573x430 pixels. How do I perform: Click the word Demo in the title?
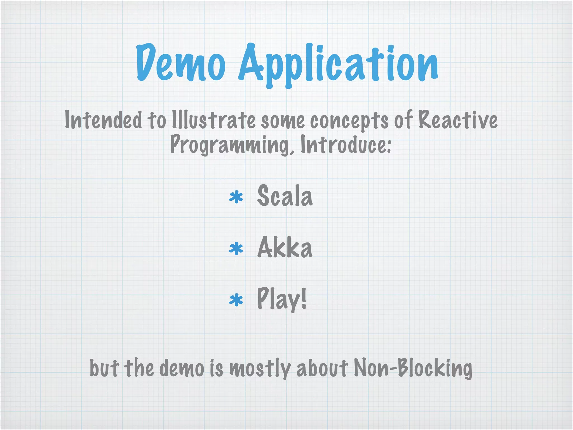click(x=181, y=63)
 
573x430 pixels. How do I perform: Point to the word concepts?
click(x=349, y=121)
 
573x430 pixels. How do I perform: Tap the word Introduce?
click(x=346, y=144)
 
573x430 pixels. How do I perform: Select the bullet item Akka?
click(x=285, y=247)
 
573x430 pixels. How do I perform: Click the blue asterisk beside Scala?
click(x=236, y=197)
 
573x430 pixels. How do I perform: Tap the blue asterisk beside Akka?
click(x=236, y=249)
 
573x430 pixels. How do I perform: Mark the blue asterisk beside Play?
click(x=236, y=300)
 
